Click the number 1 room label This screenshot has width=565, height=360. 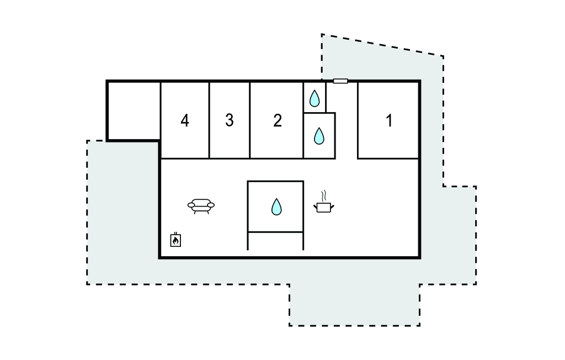click(x=389, y=120)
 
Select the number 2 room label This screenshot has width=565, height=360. click(x=277, y=120)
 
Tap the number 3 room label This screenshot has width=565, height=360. click(x=230, y=120)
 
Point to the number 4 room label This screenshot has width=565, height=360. click(x=185, y=120)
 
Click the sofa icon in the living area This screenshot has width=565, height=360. click(x=201, y=206)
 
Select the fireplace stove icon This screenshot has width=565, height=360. click(x=175, y=240)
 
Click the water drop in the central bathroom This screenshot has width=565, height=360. click(x=276, y=207)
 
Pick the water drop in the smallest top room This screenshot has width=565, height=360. click(x=315, y=98)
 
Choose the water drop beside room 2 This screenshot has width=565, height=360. click(x=319, y=136)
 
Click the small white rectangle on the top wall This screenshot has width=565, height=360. click(x=340, y=81)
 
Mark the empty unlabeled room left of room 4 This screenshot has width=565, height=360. click(x=134, y=110)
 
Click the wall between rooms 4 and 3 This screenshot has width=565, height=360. click(x=209, y=120)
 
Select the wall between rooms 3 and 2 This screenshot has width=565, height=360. click(x=250, y=120)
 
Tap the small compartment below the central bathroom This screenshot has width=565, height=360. click(x=276, y=241)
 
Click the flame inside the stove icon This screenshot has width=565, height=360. click(x=175, y=241)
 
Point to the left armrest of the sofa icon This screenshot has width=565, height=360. click(x=191, y=205)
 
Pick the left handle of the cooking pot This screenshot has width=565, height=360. click(x=316, y=206)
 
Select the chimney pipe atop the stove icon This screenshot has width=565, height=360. click(x=175, y=234)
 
